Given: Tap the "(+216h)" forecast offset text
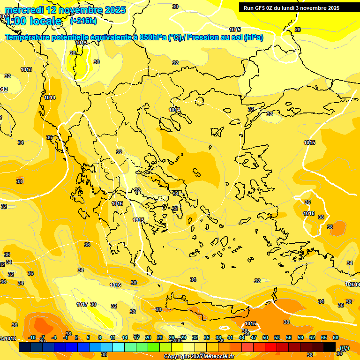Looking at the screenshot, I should (83, 21).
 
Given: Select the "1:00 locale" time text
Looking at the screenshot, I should (34, 21).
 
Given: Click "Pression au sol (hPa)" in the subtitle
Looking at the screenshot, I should (225, 37).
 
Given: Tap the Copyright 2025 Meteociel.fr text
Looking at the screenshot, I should (199, 357).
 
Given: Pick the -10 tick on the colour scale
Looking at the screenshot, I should (32, 337).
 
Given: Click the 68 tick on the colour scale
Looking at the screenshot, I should (336, 337).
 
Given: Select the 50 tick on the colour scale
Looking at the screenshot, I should (265, 337).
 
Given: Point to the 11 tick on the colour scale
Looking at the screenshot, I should (113, 337).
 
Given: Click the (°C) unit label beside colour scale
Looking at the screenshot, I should (345, 348).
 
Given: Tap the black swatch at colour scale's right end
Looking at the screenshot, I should (330, 347).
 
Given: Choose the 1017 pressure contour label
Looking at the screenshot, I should (82, 304).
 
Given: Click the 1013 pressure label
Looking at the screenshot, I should (26, 69).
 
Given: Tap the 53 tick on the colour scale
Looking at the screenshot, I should (277, 337).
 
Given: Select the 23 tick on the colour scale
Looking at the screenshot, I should (160, 337).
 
